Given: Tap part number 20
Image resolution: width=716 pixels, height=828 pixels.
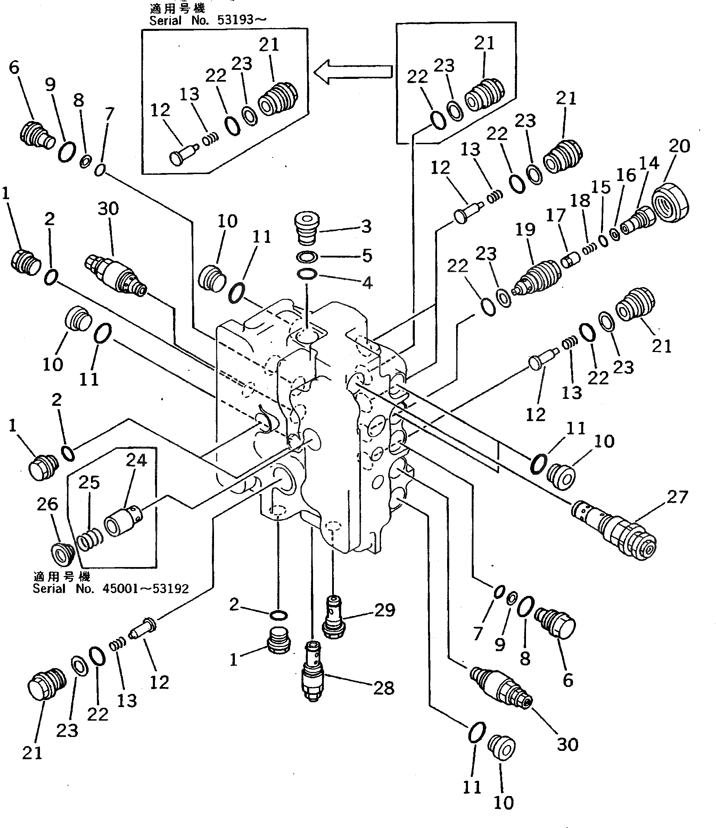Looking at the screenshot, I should coord(679,146).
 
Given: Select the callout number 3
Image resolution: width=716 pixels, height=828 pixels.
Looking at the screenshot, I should coord(367,227).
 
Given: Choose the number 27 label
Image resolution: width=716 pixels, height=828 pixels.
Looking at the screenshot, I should coord(677,497).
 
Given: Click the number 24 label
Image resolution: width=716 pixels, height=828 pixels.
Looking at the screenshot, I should coord(136,460).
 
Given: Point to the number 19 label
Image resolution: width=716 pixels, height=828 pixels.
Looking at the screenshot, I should coord(525,229).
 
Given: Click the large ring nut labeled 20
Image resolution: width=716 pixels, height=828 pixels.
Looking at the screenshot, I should coord(670,203).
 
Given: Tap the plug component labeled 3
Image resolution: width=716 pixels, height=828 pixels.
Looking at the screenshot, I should coord(306,228).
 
